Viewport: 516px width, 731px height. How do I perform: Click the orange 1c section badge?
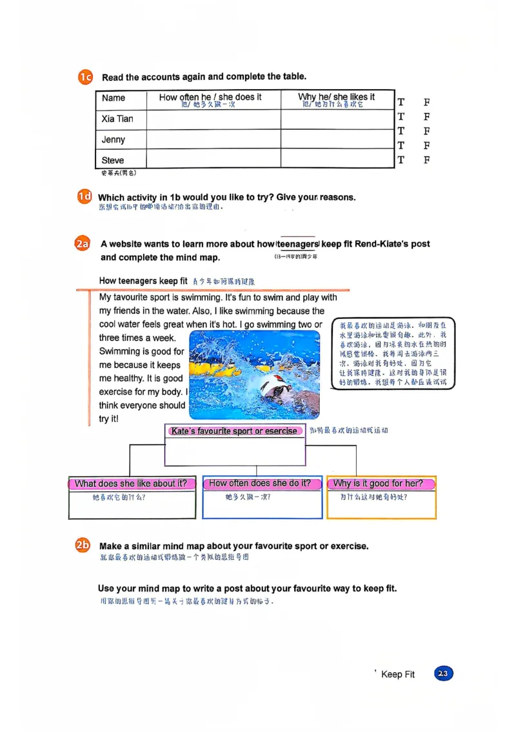click(86, 77)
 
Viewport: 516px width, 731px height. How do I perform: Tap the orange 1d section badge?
click(84, 197)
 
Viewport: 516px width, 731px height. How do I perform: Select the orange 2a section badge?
click(82, 244)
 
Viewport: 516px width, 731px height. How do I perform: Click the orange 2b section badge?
click(83, 546)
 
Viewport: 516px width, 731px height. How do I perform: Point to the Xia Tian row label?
click(117, 119)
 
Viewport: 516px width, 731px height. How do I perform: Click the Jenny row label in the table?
click(114, 139)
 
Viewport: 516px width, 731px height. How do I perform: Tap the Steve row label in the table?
click(113, 160)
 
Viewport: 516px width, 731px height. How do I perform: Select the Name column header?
click(114, 98)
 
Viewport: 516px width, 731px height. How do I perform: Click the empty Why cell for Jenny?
click(337, 139)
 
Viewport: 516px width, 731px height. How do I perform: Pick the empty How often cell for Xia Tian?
click(213, 119)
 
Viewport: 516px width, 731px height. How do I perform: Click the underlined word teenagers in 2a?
click(297, 244)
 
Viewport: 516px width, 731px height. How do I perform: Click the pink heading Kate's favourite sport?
click(235, 431)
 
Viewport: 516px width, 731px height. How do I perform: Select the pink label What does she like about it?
click(131, 484)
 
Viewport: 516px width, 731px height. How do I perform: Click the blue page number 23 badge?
click(443, 674)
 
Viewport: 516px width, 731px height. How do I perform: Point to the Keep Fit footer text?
click(398, 674)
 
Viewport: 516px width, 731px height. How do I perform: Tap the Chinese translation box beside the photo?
click(393, 353)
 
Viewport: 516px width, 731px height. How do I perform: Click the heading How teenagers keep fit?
click(143, 281)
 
